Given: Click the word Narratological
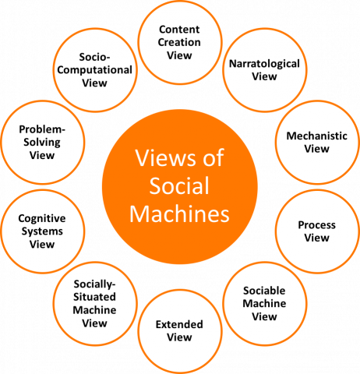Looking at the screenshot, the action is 264,64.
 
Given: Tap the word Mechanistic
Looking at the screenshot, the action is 317,136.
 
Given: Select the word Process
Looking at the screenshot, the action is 317,225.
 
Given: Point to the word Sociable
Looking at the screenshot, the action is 264,291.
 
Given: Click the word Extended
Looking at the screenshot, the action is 179,324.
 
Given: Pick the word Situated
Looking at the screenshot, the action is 94,297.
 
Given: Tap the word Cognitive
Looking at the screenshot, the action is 42,219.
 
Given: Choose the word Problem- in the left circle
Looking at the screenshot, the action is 42,129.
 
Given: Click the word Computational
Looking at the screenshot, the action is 94,70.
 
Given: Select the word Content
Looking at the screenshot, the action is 179,30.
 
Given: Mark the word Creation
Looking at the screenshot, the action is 179,42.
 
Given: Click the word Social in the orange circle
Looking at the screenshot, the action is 179,185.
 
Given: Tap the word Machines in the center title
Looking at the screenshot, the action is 179,213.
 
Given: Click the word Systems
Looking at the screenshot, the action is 42,231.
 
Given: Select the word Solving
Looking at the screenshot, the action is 42,143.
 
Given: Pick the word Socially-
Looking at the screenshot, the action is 94,284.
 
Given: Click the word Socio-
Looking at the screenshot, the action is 94,57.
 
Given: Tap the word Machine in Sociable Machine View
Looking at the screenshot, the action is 264,303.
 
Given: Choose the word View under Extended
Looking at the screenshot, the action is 179,337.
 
